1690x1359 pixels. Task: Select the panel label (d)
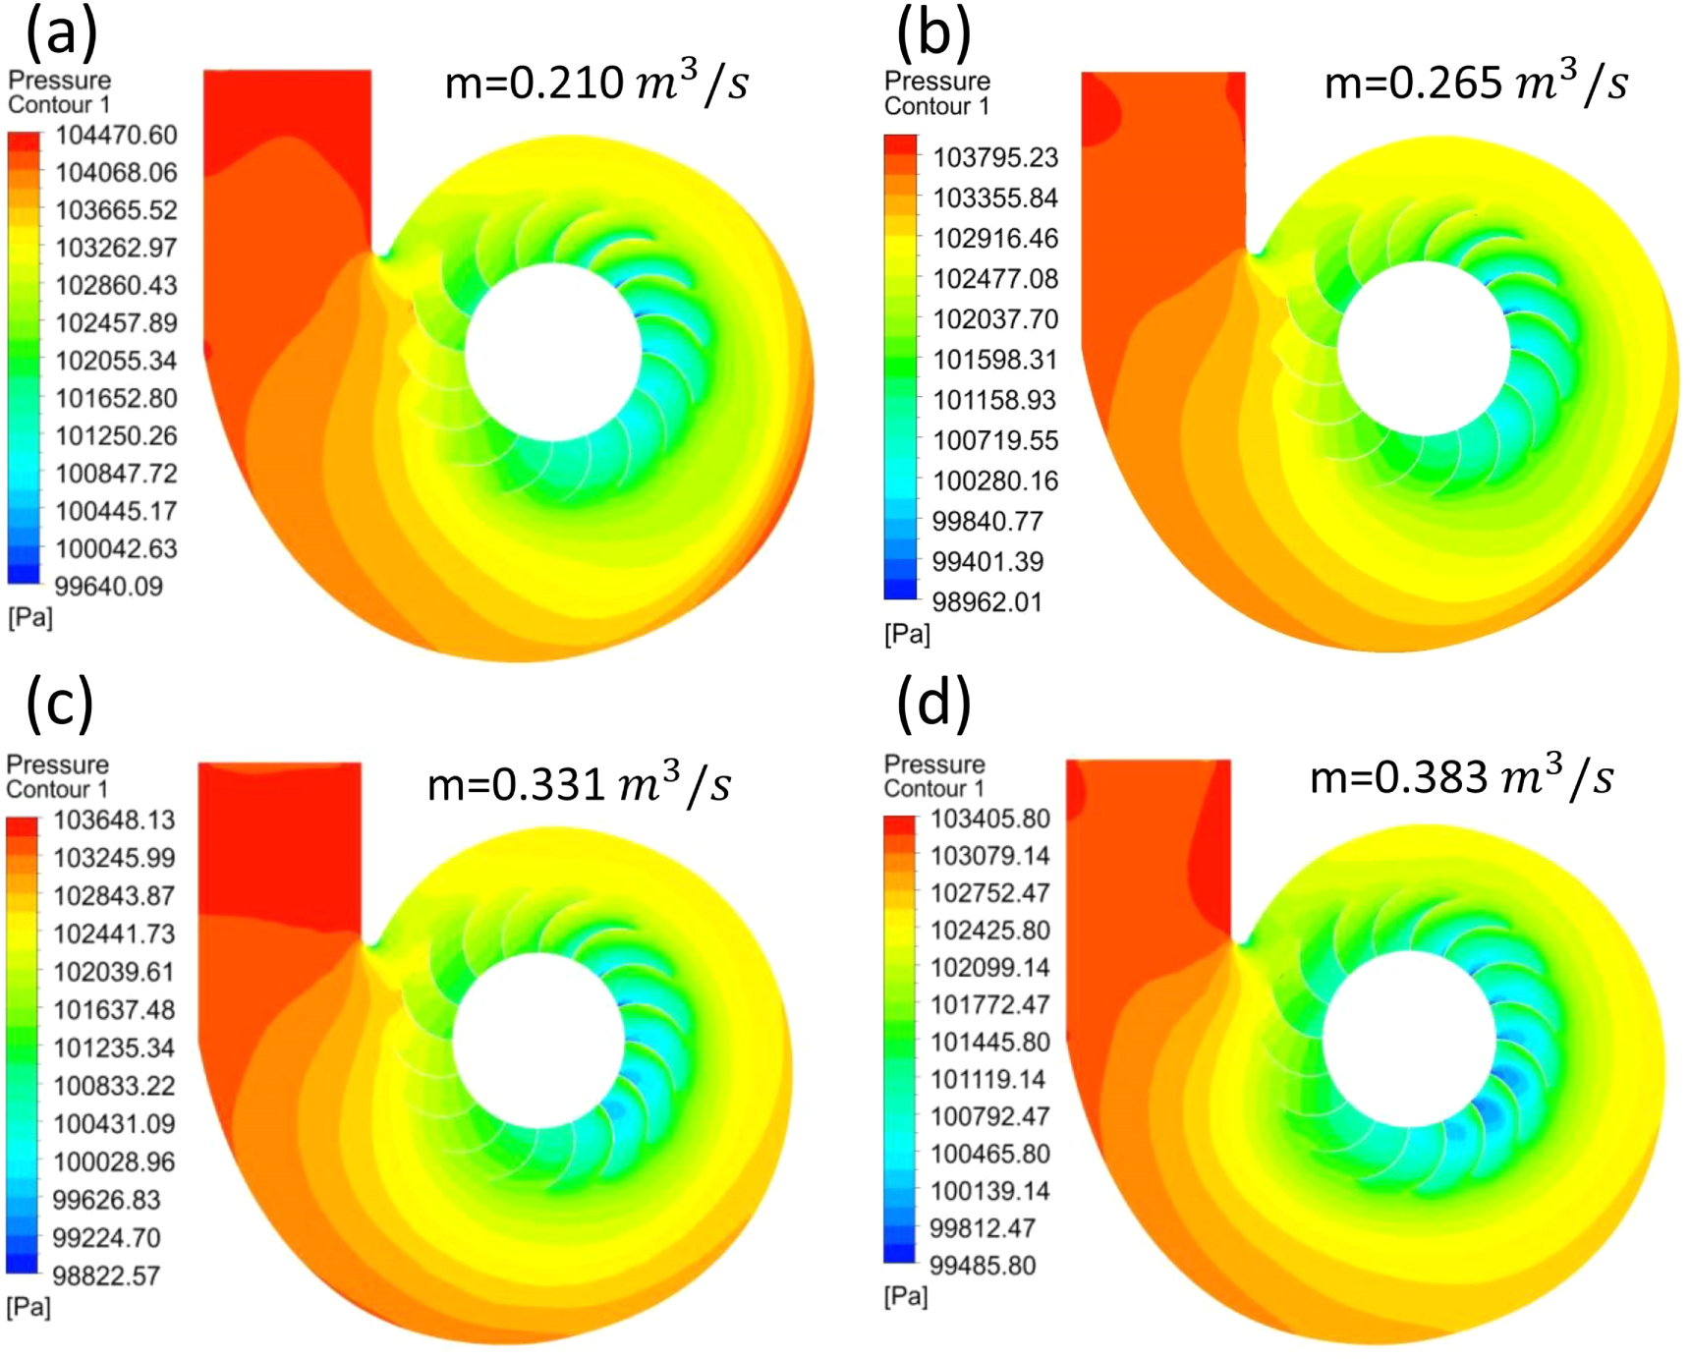coord(932,704)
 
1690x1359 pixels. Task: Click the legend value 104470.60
coord(116,135)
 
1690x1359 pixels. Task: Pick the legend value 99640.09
coord(108,587)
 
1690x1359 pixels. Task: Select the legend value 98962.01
coord(986,601)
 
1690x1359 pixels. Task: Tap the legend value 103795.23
coord(994,157)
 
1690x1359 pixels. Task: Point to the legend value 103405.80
coord(989,819)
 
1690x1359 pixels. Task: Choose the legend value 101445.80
coord(989,1042)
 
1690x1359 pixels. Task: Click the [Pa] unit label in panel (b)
coord(907,634)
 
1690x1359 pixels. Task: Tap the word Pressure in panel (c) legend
coord(58,764)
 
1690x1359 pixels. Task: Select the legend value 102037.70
coord(994,319)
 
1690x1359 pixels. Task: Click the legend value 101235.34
coord(113,1048)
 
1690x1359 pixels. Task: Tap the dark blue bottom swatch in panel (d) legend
coord(898,1253)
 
